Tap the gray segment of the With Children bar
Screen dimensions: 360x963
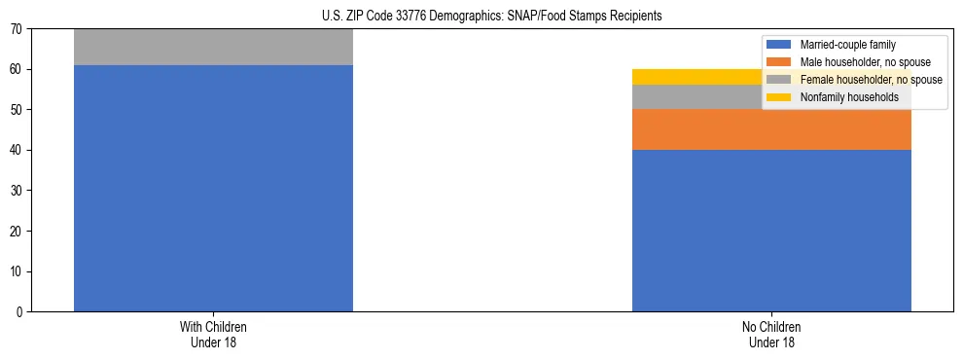tap(213, 47)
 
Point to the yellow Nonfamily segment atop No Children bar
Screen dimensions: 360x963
tap(681, 77)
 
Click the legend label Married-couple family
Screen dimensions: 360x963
tap(847, 45)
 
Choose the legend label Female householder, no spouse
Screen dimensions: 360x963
tap(871, 80)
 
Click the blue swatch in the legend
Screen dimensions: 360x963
tap(779, 45)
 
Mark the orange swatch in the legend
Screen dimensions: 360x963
tap(779, 62)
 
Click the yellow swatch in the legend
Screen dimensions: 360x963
tap(779, 97)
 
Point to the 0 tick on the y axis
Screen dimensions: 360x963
tap(20, 312)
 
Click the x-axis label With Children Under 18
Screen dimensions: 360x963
tap(213, 335)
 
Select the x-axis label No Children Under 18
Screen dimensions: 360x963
tap(771, 335)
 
